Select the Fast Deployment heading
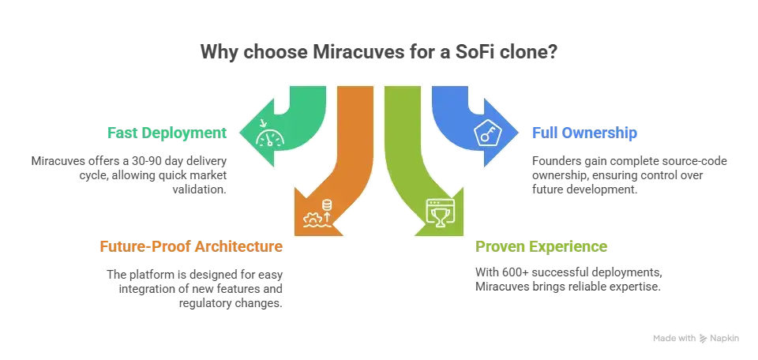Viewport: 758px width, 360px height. pyautogui.click(x=167, y=133)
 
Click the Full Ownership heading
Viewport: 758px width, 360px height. pyautogui.click(x=584, y=133)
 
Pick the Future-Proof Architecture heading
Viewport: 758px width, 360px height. pyautogui.click(x=191, y=246)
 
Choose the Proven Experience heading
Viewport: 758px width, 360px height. pyautogui.click(x=541, y=246)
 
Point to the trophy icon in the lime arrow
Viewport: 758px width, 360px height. pyautogui.click(x=440, y=212)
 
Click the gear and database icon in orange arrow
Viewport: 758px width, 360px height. pyautogui.click(x=318, y=212)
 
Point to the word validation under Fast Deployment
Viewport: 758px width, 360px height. pyautogui.click(x=200, y=189)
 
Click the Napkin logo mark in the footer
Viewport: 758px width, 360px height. pyautogui.click(x=703, y=339)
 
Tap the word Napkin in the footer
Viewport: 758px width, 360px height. pyautogui.click(x=724, y=339)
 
